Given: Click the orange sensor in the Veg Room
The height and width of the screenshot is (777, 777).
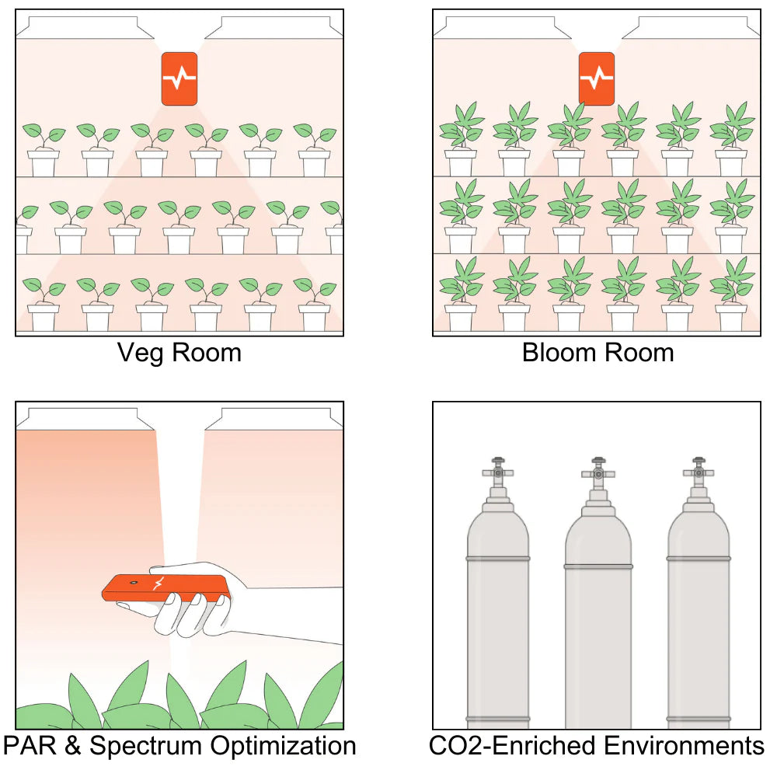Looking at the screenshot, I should [x=179, y=78].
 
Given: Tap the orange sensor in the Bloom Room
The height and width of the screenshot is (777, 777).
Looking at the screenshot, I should [x=596, y=78].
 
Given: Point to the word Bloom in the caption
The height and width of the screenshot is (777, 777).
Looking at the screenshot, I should [x=556, y=353].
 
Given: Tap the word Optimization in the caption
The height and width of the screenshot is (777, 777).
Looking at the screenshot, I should [x=287, y=746].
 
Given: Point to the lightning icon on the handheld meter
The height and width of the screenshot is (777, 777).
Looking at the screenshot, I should [x=159, y=584].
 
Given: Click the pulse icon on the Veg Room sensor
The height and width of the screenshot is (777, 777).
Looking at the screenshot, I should [x=179, y=78].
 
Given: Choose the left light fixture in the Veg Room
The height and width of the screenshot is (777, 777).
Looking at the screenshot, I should [x=85, y=29].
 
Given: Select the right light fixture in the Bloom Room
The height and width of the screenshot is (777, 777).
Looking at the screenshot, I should [x=691, y=29].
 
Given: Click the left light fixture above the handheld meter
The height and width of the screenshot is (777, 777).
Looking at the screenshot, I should [x=85, y=420].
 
